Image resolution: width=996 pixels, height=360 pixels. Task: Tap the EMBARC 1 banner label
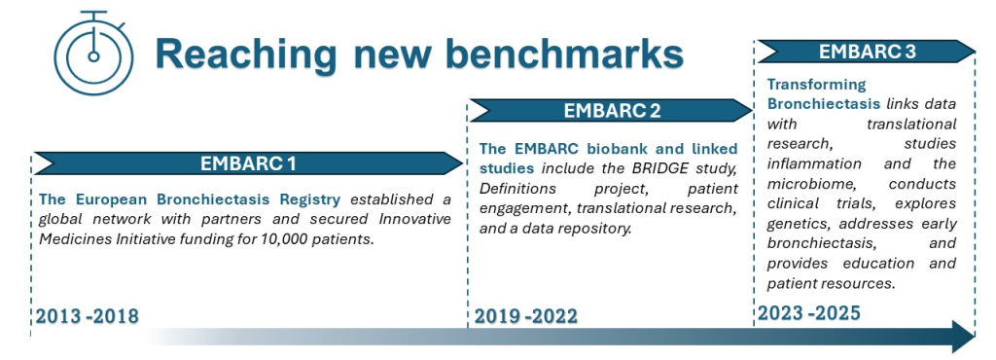coord(248,163)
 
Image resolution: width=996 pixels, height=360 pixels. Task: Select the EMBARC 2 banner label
coord(613,111)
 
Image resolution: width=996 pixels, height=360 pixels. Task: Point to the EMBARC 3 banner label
coord(867,52)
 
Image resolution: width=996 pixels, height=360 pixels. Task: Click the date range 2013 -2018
coord(87,316)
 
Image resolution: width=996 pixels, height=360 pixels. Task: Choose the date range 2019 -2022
coord(526,315)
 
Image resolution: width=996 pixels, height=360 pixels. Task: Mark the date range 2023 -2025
coord(808,312)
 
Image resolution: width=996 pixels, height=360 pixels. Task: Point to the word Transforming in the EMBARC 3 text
coord(808,85)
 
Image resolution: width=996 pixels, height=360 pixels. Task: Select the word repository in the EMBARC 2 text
coord(598,229)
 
